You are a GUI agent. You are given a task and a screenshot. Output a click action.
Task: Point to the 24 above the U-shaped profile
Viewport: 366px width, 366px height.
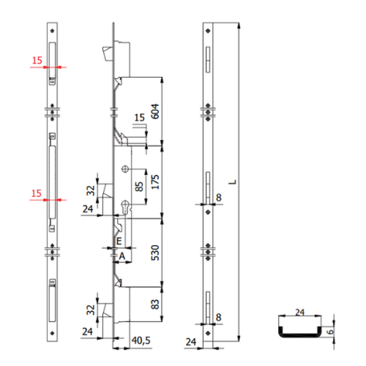298,311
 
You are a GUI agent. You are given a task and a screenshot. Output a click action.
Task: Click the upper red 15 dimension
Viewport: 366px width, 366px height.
37,60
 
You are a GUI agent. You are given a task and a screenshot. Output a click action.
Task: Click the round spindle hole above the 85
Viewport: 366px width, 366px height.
126,169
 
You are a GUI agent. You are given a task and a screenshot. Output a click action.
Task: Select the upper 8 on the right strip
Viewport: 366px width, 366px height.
218,198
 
